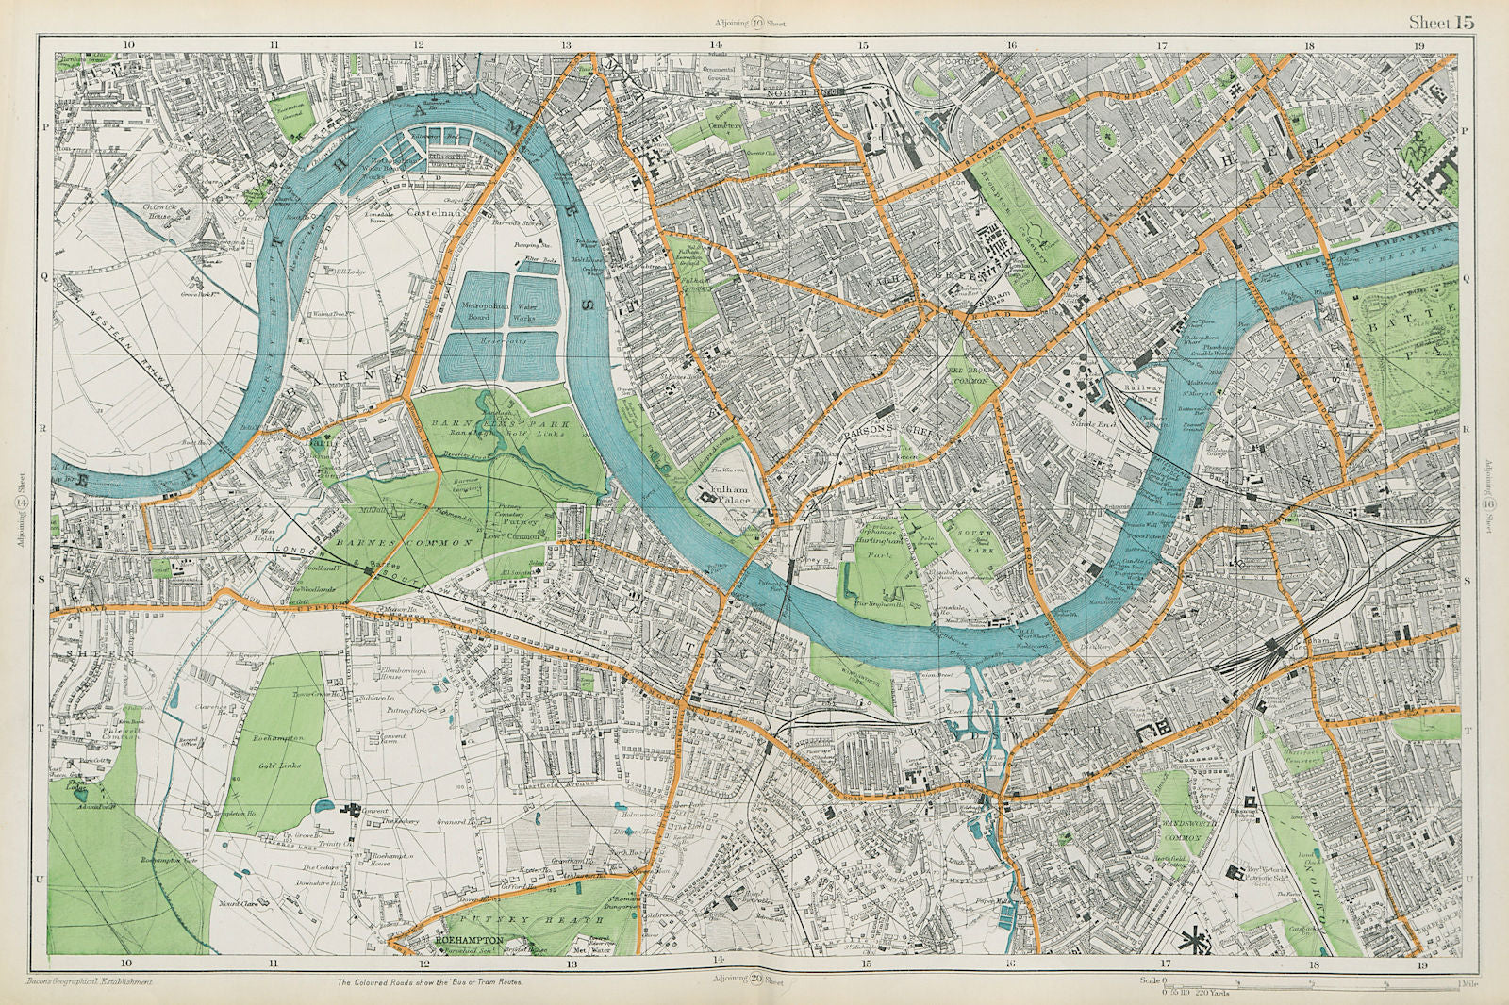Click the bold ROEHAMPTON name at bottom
click(x=468, y=940)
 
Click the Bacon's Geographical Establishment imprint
click(x=91, y=981)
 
